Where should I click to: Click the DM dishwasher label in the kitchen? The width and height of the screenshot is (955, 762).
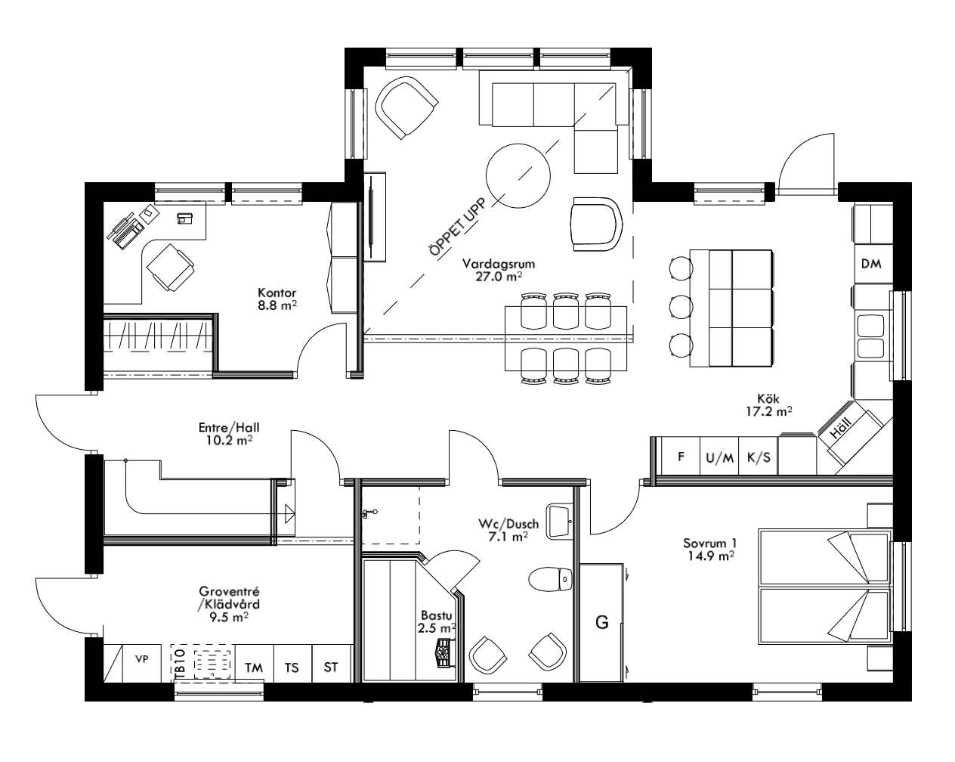point(871,264)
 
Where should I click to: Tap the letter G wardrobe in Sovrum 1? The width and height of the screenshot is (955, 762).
point(602,622)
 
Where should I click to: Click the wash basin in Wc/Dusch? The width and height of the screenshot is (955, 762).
point(558,521)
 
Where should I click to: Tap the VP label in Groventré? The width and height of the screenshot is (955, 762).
point(141,658)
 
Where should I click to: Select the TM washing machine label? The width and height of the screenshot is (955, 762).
point(254,668)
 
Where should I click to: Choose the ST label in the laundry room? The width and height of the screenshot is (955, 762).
point(331,668)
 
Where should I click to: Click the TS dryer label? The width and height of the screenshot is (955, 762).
point(292,668)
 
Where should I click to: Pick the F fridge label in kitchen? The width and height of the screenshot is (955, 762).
point(681,457)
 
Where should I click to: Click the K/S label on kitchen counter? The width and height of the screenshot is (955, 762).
point(758,457)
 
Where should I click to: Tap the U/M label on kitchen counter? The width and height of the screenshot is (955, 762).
point(719,457)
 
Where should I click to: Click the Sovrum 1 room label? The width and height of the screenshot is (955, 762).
point(709,549)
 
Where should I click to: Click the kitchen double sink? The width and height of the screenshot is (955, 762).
point(871,336)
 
